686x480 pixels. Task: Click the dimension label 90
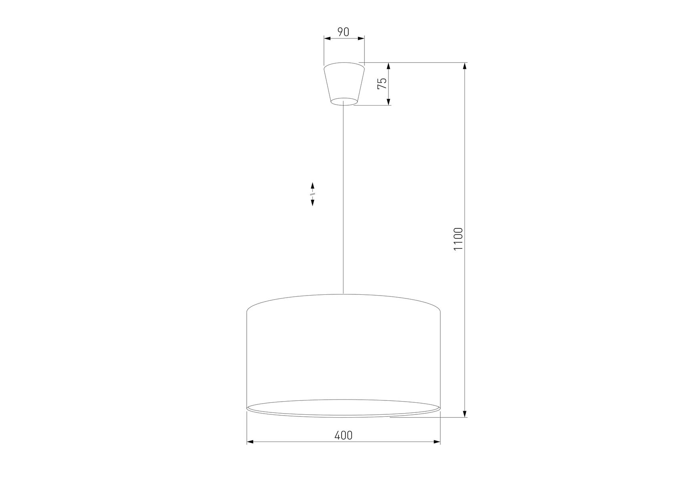click(343, 32)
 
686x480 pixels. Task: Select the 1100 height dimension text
click(458, 239)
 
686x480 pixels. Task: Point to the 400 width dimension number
click(344, 435)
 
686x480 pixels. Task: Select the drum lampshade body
click(344, 356)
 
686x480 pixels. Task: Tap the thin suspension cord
click(344, 199)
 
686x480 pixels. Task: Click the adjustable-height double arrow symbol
click(312, 194)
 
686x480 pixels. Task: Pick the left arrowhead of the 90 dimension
click(327, 38)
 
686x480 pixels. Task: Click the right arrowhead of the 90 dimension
click(361, 38)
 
